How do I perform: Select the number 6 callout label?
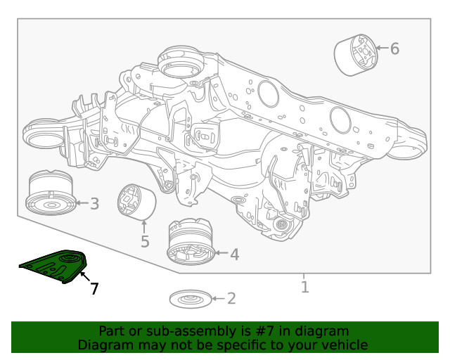(394, 49)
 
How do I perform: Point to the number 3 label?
(94, 204)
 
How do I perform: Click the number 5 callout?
(144, 242)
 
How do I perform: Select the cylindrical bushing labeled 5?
(136, 202)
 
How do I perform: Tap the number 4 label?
(234, 255)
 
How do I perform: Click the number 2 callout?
(231, 299)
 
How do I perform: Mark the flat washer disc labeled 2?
(188, 300)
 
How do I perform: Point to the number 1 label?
(304, 287)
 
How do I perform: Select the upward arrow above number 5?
(144, 227)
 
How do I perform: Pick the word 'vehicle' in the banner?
(345, 345)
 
